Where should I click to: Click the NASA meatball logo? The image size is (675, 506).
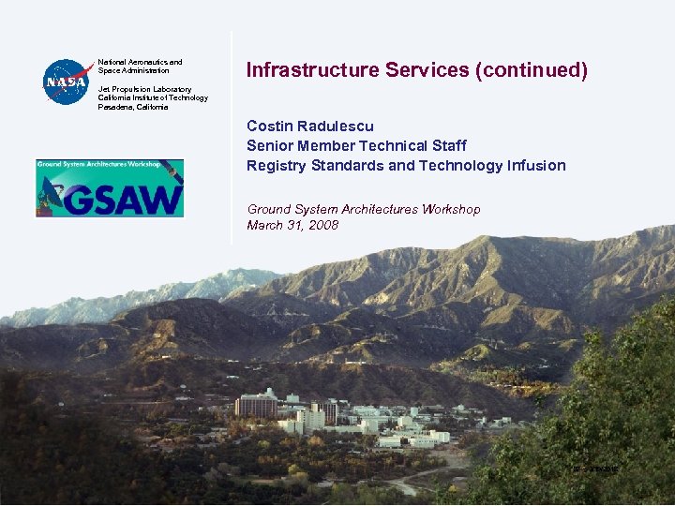click(x=66, y=82)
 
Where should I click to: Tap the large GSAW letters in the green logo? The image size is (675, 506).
click(x=122, y=200)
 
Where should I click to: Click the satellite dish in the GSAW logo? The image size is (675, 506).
click(x=52, y=192)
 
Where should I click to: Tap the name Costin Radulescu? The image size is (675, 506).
click(x=310, y=126)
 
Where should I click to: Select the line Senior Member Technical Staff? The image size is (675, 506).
click(x=356, y=145)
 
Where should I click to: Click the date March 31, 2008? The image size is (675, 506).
click(x=292, y=225)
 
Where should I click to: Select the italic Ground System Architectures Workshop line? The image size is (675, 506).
click(x=363, y=209)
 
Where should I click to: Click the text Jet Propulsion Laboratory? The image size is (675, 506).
click(x=144, y=89)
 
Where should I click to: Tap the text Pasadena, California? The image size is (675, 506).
click(x=133, y=107)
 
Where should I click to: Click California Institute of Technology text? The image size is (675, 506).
click(x=153, y=97)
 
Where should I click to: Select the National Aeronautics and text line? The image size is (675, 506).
click(x=140, y=62)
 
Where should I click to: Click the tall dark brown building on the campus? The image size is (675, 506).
click(x=256, y=405)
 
